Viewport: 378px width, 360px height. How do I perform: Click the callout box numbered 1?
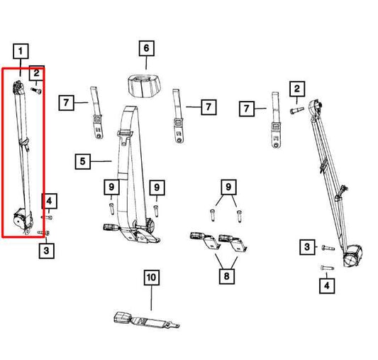tap(22, 51)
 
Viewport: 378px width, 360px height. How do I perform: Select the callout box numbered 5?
tap(83, 162)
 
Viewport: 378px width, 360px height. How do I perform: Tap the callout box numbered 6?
tap(146, 48)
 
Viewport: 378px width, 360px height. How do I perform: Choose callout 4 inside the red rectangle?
tap(49, 202)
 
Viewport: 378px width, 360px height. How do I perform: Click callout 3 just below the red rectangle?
tap(45, 249)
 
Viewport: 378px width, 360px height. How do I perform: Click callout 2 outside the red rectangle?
tap(296, 89)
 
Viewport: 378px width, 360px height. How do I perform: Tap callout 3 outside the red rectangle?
tap(306, 247)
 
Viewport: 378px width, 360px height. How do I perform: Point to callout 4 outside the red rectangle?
tap(326, 285)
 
